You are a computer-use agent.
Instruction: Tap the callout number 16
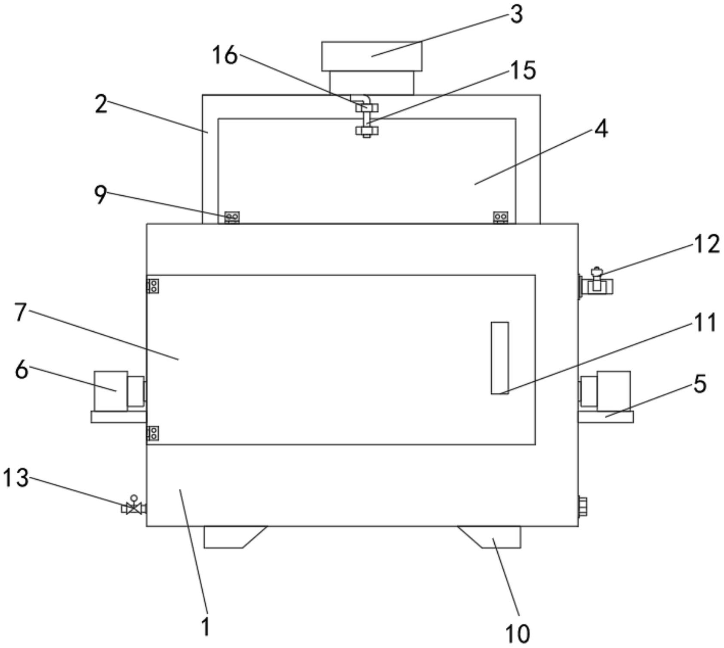coord(225,56)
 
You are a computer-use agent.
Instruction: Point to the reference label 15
coord(523,70)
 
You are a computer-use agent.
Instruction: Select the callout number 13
coord(16,478)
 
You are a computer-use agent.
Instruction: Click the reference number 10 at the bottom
coord(518,633)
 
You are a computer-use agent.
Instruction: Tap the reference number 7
coord(20,312)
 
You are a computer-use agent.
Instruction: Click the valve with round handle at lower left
coord(134,506)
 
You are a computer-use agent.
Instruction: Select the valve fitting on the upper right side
coord(596,282)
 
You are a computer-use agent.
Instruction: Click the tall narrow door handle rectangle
coord(500,358)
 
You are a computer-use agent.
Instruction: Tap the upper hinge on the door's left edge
coord(153,286)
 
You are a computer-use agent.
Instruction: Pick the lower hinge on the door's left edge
coord(153,433)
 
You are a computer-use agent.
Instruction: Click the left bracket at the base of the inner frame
coord(232,218)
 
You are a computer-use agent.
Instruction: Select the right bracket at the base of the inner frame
coord(501,218)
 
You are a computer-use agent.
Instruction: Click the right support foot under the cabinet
coord(495,537)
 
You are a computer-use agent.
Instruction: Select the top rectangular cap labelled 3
coord(372,56)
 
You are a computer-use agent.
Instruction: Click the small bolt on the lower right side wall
coord(582,506)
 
